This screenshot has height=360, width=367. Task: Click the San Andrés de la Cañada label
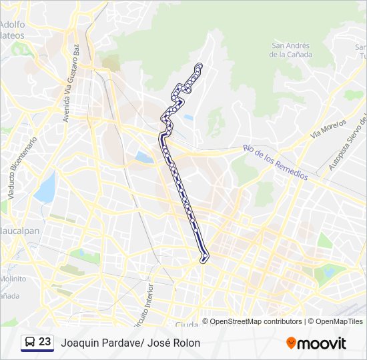pos(290,50)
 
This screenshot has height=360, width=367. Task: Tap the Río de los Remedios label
pos(275,162)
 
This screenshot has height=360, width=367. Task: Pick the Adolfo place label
pos(13,25)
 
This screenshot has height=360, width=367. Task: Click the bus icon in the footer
pos(30,342)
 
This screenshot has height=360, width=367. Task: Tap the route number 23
pos(45,342)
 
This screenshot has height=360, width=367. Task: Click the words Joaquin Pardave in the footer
pos(97,343)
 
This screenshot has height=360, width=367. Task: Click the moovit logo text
pos(322,343)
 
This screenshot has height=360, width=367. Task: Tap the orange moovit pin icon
pos(291,343)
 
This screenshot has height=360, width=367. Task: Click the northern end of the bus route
pos(199,65)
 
